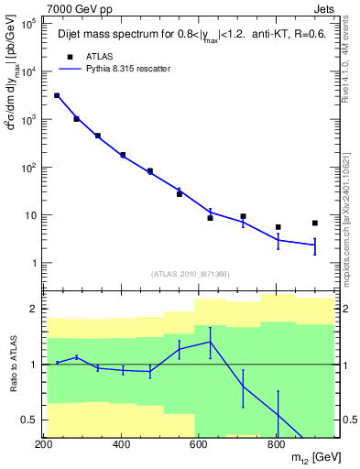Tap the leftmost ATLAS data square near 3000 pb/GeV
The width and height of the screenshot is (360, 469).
pyautogui.click(x=57, y=95)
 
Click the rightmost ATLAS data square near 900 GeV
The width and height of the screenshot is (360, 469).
pyautogui.click(x=314, y=223)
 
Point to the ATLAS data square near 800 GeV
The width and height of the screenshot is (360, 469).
pyautogui.click(x=278, y=227)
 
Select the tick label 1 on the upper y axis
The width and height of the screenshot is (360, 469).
pyautogui.click(x=32, y=264)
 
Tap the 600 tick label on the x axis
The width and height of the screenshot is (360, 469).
pyautogui.click(x=199, y=445)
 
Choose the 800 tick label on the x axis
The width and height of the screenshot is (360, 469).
pyautogui.click(x=276, y=445)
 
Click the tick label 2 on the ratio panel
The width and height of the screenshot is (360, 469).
pyautogui.click(x=32, y=309)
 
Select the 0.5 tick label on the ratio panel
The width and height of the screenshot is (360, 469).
pyautogui.click(x=28, y=420)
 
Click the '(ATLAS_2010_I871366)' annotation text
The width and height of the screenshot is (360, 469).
pyautogui.click(x=191, y=274)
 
